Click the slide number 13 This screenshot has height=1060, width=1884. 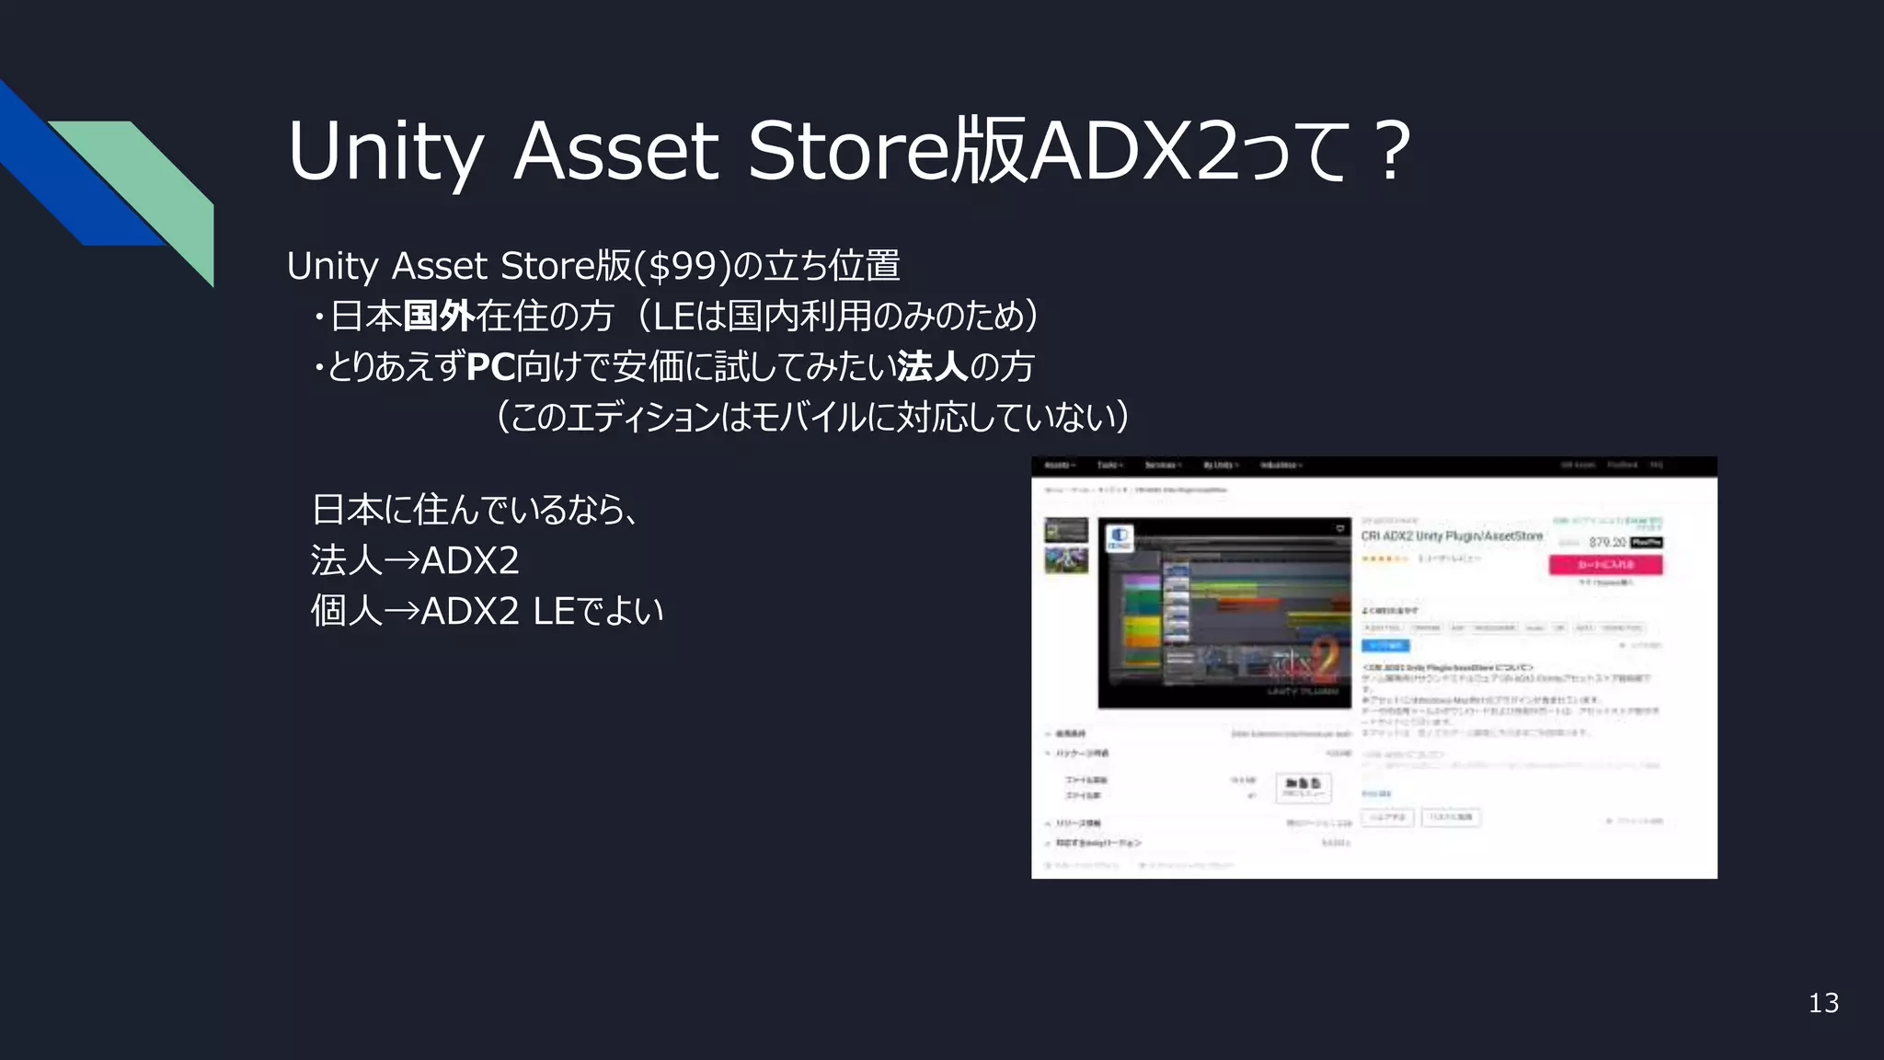pos(1823,1003)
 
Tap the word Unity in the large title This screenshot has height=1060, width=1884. pos(385,151)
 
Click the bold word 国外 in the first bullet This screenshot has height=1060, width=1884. pos(439,317)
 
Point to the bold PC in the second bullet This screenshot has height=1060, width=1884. pos(490,367)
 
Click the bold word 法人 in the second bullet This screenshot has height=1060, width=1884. pos(932,367)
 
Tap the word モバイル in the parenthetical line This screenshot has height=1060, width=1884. pos(809,418)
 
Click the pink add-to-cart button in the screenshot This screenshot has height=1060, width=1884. pos(1605,564)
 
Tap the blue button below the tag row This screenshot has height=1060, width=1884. pos(1384,646)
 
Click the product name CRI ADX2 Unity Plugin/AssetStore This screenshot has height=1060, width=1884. pos(1452,536)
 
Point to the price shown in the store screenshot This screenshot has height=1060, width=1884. pos(1607,542)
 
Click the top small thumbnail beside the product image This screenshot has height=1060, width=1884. pos(1066,530)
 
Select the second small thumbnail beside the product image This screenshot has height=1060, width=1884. pos(1066,559)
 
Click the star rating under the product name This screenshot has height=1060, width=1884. pos(1384,559)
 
